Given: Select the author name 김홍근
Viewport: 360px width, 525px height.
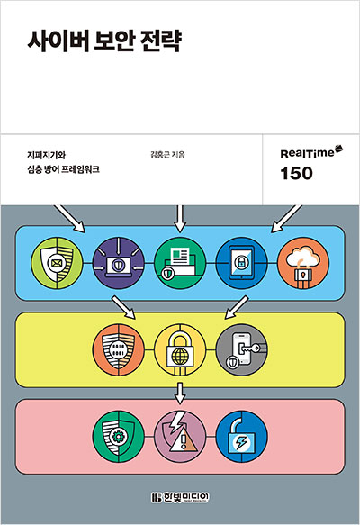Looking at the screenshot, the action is coord(160,155).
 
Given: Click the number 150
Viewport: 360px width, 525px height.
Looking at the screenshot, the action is coord(296,174).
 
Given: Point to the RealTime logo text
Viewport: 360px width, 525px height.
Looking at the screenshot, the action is coord(307,154).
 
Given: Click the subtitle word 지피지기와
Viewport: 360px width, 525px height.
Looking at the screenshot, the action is coord(46,155).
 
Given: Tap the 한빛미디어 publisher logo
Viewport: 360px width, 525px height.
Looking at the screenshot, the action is coord(180,498).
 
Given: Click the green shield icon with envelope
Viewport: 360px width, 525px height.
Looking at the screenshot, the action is coord(57,263).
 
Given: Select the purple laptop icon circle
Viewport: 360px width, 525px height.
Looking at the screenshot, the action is coord(119,263).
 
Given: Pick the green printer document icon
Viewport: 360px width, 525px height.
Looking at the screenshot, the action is coord(180,263).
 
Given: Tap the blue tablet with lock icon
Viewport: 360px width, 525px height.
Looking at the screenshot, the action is coord(241,263).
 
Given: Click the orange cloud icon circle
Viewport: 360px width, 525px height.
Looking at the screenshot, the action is coord(303,263).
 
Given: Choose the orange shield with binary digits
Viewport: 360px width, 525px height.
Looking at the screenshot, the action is coord(119,350).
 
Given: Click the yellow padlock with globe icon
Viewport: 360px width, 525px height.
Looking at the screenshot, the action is coord(180,350).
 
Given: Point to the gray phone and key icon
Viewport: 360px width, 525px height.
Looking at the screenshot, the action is coord(241,350).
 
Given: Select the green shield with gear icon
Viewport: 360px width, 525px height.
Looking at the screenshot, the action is coord(119,437).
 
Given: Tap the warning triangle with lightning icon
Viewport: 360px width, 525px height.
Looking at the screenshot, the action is coord(180,437).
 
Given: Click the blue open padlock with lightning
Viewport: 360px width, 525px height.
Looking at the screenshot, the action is coord(241,437).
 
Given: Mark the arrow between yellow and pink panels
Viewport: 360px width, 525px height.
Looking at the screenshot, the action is coord(180,394).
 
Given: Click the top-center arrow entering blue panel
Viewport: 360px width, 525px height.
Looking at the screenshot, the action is coord(180,219).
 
